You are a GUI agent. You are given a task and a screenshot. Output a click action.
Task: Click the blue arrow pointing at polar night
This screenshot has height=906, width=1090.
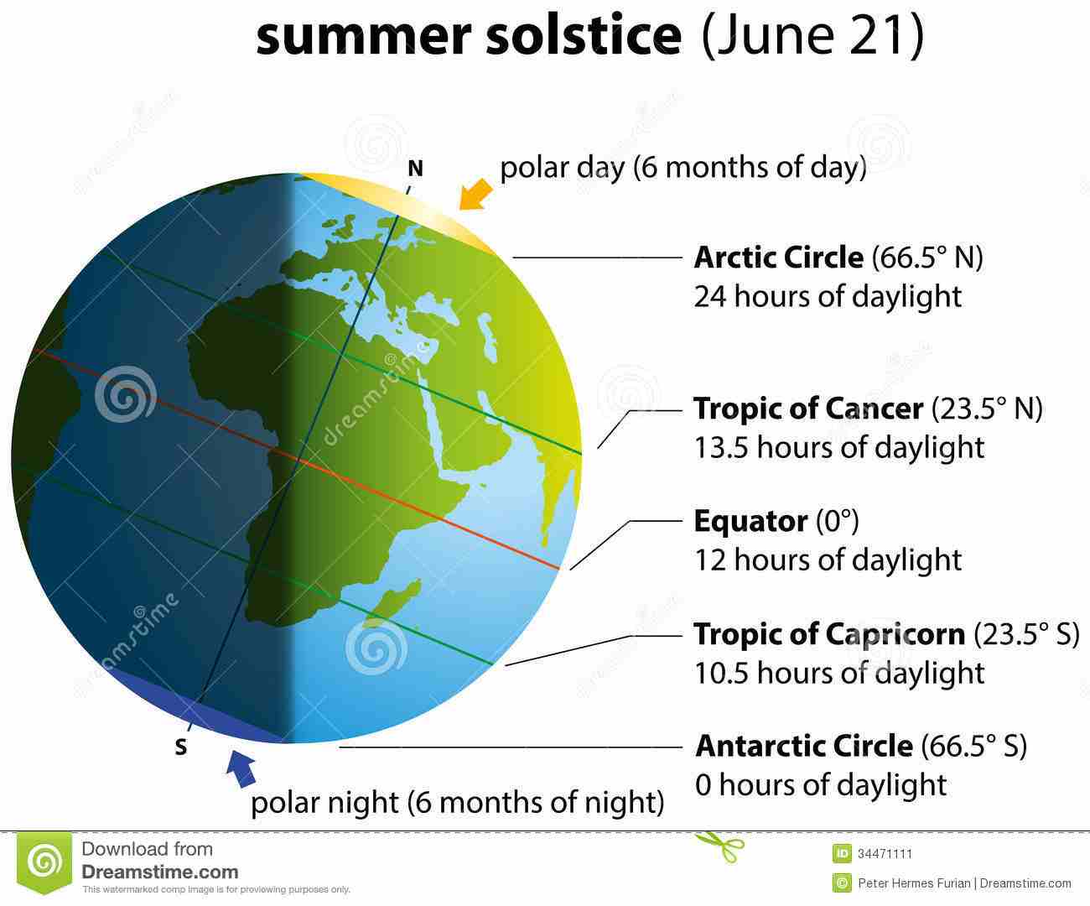click(x=241, y=768)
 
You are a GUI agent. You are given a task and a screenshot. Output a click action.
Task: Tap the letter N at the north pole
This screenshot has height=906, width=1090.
click(x=415, y=169)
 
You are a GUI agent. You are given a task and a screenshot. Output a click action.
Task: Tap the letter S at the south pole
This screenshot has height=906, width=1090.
click(x=180, y=747)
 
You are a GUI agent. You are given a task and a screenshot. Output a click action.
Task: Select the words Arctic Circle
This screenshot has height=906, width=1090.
click(x=778, y=258)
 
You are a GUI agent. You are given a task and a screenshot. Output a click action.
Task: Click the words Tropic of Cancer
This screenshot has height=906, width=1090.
click(x=808, y=409)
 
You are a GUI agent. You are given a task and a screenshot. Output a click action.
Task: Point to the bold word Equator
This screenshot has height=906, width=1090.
click(x=750, y=522)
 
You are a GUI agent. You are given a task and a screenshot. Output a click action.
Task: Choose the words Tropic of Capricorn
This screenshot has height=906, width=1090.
click(x=829, y=634)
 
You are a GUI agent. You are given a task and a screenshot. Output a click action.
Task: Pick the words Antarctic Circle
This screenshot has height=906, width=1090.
click(x=804, y=746)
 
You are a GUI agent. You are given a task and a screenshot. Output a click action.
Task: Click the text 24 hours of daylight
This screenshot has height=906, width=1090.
click(x=828, y=296)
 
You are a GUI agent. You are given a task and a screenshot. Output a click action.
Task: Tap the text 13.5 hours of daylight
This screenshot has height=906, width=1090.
click(x=839, y=447)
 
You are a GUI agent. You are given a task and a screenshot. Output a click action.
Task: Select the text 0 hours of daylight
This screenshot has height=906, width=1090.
click(x=821, y=784)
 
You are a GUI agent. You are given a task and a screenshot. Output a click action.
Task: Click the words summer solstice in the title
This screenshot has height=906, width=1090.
click(x=469, y=34)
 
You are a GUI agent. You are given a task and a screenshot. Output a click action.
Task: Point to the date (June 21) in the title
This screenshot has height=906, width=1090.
click(x=812, y=34)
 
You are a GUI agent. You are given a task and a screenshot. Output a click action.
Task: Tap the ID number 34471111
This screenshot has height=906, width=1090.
click(x=885, y=854)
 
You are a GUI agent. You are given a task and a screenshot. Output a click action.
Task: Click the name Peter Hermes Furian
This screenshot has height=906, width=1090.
click(x=914, y=883)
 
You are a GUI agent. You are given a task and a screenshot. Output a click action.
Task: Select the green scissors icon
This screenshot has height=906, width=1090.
click(x=719, y=846)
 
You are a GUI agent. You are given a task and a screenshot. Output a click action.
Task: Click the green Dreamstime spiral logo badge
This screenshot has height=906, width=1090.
click(x=44, y=862)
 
